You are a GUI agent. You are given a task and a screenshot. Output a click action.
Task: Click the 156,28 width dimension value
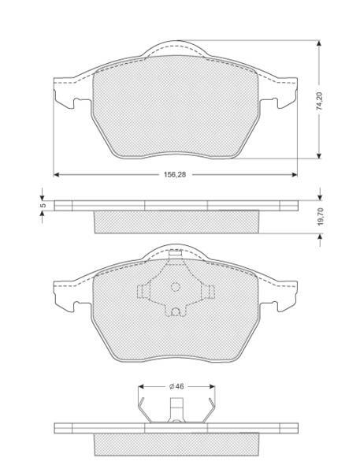pyautogui.click(x=175, y=174)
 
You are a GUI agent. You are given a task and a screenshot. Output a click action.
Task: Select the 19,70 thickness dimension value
pyautogui.click(x=320, y=217)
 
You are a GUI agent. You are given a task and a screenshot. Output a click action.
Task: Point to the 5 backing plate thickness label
pyautogui.click(x=43, y=205)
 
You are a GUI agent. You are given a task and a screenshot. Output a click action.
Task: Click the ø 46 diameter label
pyautogui.click(x=176, y=386)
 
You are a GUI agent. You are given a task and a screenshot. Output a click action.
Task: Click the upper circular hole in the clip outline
pyautogui.click(x=175, y=287)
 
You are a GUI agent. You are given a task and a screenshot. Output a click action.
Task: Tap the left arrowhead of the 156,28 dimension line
pyautogui.click(x=56, y=174)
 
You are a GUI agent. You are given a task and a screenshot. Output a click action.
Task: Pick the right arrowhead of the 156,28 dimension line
pyautogui.click(x=295, y=174)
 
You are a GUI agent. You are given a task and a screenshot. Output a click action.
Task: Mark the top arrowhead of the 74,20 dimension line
pyautogui.click(x=319, y=43)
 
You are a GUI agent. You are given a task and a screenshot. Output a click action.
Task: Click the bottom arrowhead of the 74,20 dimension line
pyautogui.click(x=319, y=155)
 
